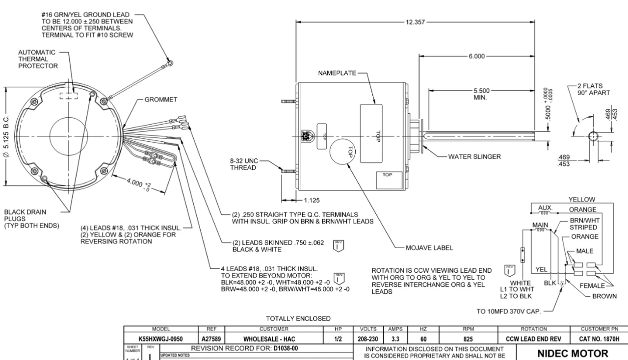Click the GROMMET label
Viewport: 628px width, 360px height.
(x=161, y=99)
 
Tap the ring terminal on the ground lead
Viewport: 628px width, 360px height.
(x=169, y=62)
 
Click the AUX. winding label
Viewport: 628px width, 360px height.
(x=546, y=208)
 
